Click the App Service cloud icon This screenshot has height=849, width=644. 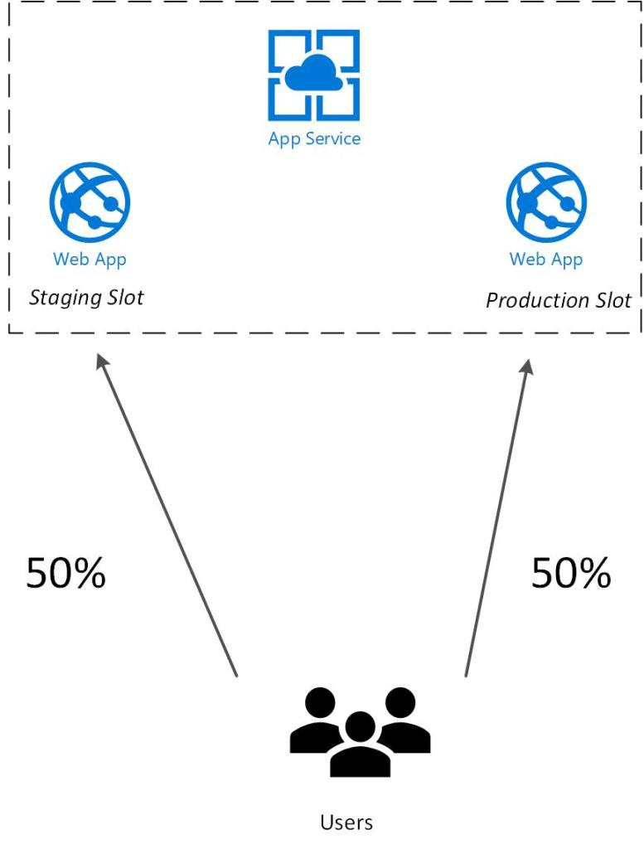point(314,76)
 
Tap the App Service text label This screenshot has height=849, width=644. point(314,138)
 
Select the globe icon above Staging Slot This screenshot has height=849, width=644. point(90,201)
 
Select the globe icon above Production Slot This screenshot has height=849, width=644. point(546,201)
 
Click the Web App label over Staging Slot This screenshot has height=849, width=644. point(90,259)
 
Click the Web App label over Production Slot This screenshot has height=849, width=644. point(546,260)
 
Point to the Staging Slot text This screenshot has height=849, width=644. point(86,298)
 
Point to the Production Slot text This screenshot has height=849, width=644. point(558,300)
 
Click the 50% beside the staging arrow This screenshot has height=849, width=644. point(66,573)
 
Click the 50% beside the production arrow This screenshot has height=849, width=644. point(571,573)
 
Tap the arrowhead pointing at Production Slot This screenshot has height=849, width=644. point(525,365)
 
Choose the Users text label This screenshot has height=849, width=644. point(346,822)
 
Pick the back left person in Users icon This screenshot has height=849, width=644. point(319,720)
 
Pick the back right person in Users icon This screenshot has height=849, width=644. point(401,720)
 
